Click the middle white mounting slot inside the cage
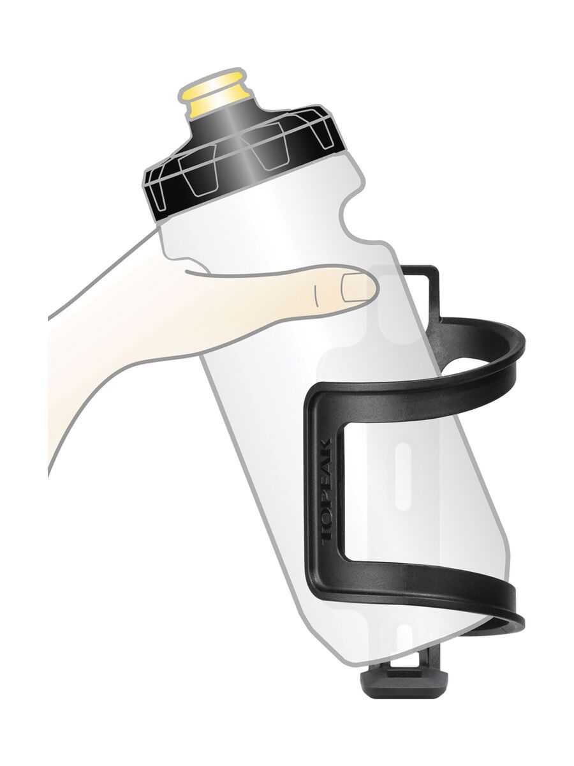click(403, 476)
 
